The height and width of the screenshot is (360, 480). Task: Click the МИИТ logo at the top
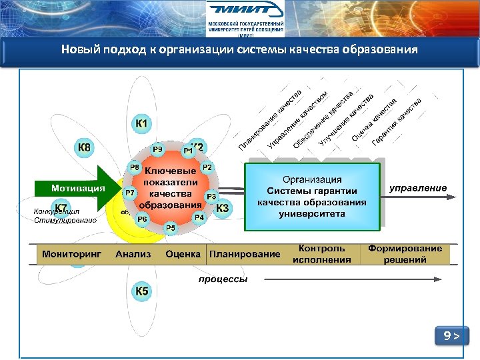pyautogui.click(x=245, y=17)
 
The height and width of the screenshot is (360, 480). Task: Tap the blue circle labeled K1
pyautogui.click(x=143, y=125)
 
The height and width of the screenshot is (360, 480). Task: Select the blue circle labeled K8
pyautogui.click(x=85, y=147)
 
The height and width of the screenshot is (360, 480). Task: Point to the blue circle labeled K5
pyautogui.click(x=143, y=291)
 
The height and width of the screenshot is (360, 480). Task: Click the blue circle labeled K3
pyautogui.click(x=222, y=208)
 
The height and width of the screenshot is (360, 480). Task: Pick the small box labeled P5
pyautogui.click(x=171, y=228)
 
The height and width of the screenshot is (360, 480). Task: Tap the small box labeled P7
pyautogui.click(x=130, y=192)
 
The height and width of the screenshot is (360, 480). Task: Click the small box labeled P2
pyautogui.click(x=207, y=167)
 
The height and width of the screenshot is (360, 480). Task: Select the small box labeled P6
pyautogui.click(x=142, y=219)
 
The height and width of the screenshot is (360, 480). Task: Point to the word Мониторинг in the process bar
pyautogui.click(x=71, y=254)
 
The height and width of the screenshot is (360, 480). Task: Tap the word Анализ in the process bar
pyautogui.click(x=133, y=254)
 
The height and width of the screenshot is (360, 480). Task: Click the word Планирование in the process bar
pyautogui.click(x=245, y=254)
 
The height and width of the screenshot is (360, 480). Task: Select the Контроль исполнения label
pyautogui.click(x=321, y=254)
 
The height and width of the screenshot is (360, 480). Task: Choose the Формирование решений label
pyautogui.click(x=405, y=254)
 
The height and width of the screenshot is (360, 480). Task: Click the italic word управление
pyautogui.click(x=418, y=188)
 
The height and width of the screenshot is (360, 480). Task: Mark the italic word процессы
pyautogui.click(x=223, y=279)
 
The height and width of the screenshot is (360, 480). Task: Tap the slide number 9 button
pyautogui.click(x=451, y=336)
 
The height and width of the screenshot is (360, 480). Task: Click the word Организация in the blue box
pyautogui.click(x=312, y=179)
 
